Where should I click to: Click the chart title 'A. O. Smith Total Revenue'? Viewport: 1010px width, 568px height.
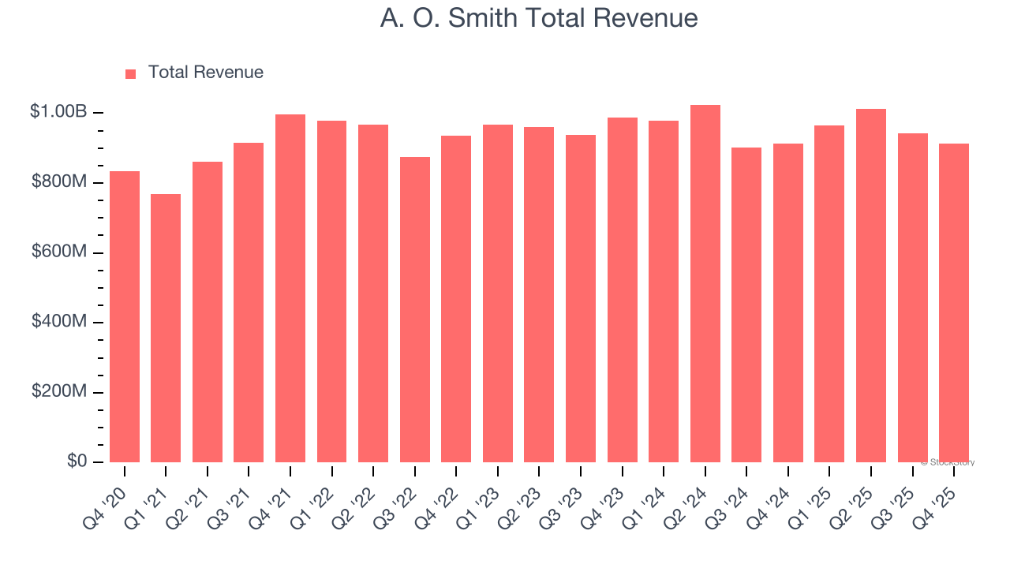point(538,18)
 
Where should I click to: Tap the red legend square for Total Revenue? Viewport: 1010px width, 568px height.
point(131,73)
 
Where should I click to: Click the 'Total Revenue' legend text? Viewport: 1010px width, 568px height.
point(205,73)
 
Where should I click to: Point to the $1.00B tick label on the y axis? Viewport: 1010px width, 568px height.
point(58,112)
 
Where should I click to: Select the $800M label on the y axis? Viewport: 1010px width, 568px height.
point(59,182)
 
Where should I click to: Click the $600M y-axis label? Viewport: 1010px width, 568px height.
point(59,252)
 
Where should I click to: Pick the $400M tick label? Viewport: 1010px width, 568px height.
point(59,322)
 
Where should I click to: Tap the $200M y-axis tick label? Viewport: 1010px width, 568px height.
point(59,391)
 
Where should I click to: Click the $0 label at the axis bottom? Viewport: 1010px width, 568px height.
point(77,461)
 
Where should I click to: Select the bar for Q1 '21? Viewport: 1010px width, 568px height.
point(166,328)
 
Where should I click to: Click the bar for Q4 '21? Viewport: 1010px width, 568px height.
point(290,289)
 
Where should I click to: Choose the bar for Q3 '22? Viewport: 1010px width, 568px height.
point(415,309)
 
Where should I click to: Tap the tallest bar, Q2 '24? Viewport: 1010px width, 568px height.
point(705,284)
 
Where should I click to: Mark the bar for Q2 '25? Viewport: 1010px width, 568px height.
point(871,286)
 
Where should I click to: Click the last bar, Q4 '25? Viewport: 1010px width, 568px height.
point(954,303)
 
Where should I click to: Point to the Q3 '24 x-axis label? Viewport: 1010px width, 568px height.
point(730,498)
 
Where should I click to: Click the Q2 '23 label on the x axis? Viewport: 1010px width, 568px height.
point(522,498)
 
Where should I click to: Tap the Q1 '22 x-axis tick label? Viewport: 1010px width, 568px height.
point(315,498)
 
